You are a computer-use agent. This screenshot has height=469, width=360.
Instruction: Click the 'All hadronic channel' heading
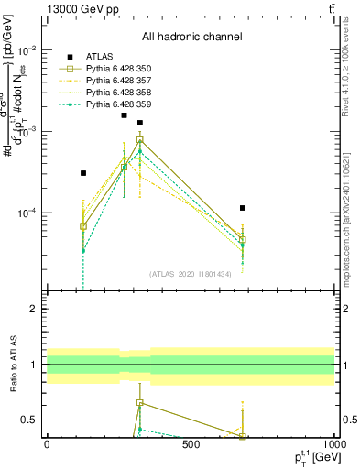pyautogui.click(x=191, y=38)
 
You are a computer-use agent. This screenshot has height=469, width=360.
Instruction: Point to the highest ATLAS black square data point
pyautogui.click(x=124, y=115)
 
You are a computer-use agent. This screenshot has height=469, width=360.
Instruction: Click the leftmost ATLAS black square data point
pyautogui.click(x=83, y=173)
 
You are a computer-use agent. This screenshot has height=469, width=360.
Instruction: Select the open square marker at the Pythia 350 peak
pyautogui.click(x=140, y=140)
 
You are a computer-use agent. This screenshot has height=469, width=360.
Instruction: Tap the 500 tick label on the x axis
pyautogui.click(x=191, y=444)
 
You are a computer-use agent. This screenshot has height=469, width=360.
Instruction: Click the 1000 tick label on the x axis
pyautogui.click(x=332, y=444)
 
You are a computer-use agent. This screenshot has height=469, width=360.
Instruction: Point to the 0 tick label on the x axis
pyautogui.click(x=47, y=444)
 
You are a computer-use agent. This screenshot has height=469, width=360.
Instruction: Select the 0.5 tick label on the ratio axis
pyautogui.click(x=30, y=420)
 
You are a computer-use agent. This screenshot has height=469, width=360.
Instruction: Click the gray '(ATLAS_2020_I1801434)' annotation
pyautogui.click(x=191, y=274)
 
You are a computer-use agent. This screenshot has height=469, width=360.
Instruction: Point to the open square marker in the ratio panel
pyautogui.click(x=140, y=402)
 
